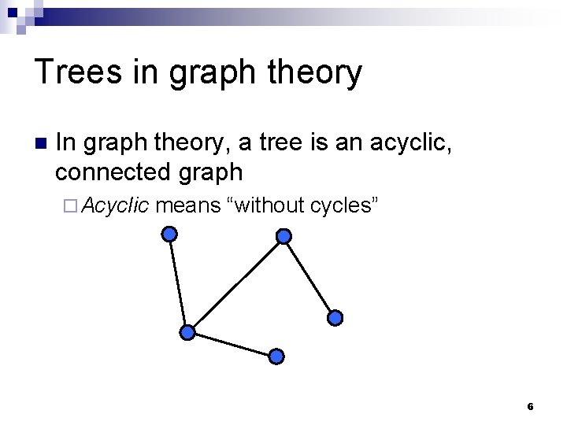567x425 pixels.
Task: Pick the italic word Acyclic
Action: coord(116,206)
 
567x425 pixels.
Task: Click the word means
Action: coord(188,206)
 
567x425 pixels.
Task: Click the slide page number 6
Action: coord(530,407)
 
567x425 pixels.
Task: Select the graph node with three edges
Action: coord(187,332)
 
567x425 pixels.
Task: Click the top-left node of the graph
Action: coord(169,234)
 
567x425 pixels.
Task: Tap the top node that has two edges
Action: coord(284,236)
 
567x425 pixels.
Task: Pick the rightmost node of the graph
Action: coord(335,318)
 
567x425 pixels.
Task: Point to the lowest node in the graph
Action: coord(276,356)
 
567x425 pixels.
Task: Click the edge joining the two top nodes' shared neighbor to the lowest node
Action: coord(232,344)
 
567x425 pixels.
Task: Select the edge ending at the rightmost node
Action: coord(309,277)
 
